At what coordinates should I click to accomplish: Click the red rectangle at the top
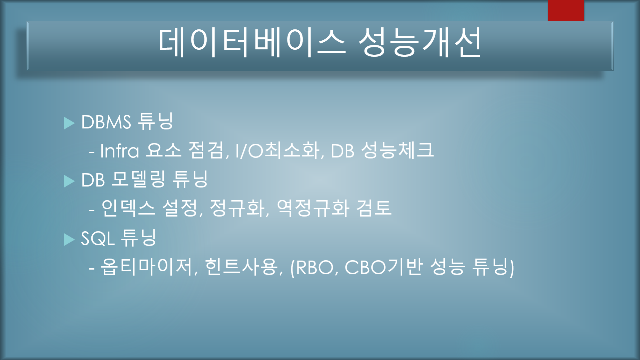click(566, 10)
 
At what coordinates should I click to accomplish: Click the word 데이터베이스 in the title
click(252, 43)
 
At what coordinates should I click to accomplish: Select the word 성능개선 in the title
click(420, 43)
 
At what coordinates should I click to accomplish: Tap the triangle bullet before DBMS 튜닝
click(69, 123)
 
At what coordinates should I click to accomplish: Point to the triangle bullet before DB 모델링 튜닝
click(69, 181)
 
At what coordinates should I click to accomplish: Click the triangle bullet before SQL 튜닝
click(69, 240)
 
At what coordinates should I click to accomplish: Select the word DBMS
click(106, 122)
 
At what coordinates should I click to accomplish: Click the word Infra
click(119, 151)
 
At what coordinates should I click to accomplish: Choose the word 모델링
click(138, 180)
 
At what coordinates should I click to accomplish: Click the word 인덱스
click(128, 209)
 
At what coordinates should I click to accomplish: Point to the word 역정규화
click(313, 209)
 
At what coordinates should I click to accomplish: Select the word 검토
click(374, 209)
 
